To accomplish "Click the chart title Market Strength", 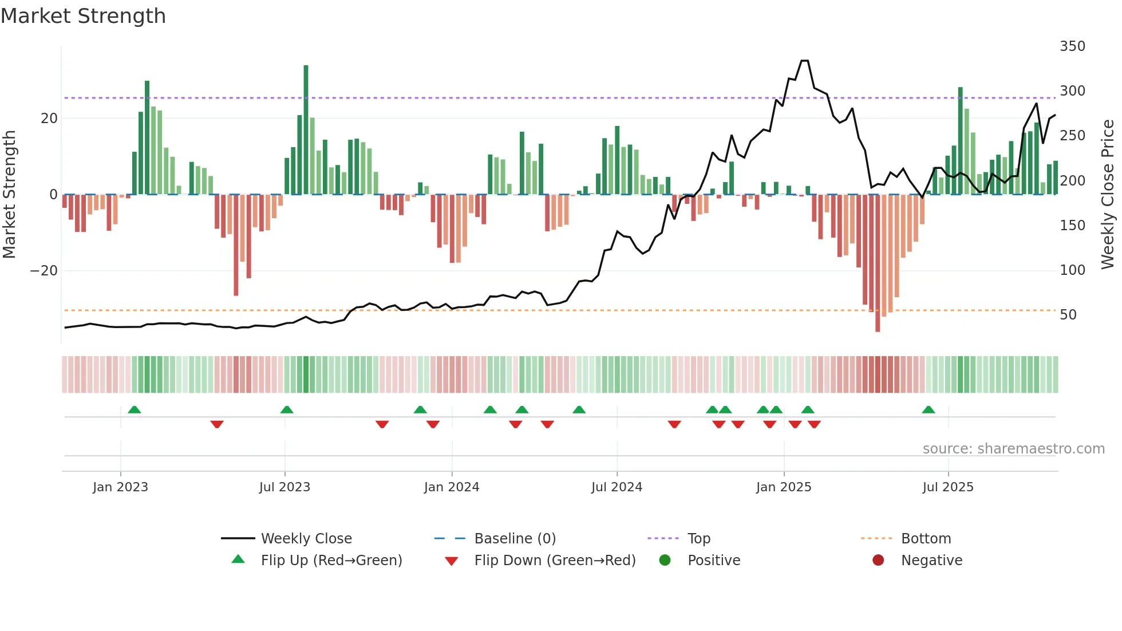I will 83,16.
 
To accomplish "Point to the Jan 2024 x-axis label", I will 451,487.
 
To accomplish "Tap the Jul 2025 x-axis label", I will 947,487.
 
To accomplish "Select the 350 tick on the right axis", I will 1072,46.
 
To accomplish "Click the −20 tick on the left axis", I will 44,271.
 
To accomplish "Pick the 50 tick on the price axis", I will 1068,315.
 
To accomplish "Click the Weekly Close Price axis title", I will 1107,195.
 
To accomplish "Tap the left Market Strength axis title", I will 10,195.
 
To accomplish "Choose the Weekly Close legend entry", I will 306,539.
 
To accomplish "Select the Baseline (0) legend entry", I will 515,539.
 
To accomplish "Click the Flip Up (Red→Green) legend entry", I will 331,561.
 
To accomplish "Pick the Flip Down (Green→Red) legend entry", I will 554,561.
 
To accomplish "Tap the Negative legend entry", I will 931,561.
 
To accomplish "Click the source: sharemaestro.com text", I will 1013,449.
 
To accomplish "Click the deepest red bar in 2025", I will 877,263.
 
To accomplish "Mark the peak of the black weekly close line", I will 804,61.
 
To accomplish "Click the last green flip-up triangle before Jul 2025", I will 928,409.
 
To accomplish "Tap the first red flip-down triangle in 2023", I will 216,424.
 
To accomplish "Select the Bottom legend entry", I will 926,539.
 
